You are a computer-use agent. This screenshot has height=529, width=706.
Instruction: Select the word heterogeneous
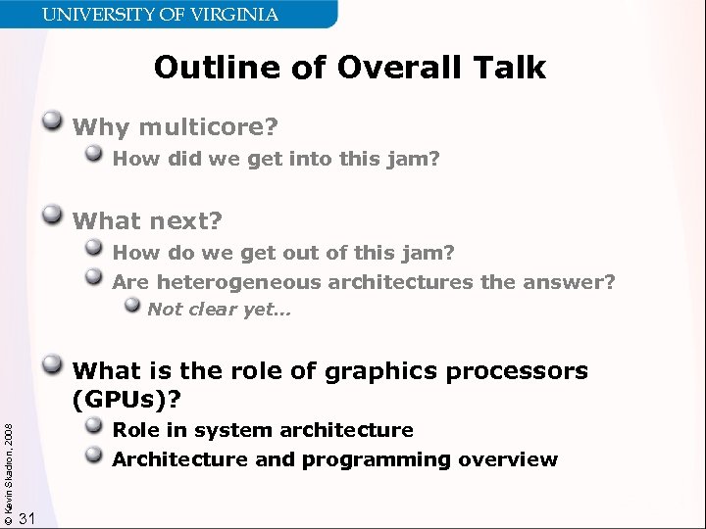239,283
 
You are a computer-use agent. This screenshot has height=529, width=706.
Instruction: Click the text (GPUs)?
128,399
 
